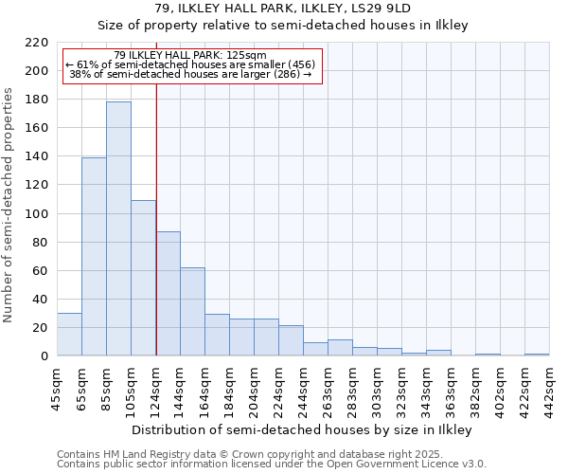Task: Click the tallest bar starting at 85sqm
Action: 118,228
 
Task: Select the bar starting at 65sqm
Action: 94,256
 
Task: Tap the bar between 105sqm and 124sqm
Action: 143,278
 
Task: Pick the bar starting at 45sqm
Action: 69,334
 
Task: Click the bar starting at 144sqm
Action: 192,311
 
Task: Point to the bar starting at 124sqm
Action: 168,293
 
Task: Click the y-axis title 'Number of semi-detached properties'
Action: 9,206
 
